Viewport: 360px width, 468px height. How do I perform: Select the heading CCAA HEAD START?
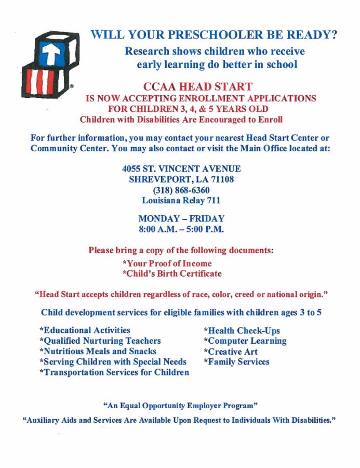pos(197,87)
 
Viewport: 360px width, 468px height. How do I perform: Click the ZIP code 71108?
pos(221,179)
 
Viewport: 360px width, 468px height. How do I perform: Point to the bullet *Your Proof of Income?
pos(167,263)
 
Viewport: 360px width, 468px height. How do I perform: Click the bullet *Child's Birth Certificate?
pos(171,274)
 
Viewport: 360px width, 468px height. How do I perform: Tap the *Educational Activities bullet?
pos(85,330)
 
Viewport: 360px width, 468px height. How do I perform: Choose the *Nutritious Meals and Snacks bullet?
pos(98,352)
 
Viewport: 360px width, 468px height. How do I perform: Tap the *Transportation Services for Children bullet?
pos(114,372)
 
